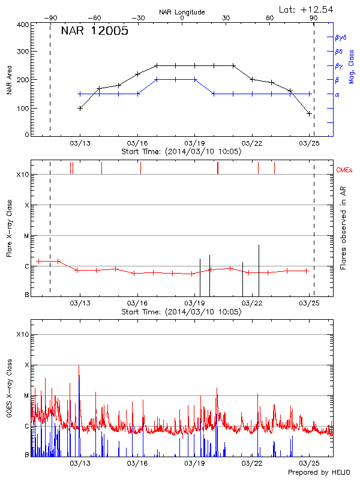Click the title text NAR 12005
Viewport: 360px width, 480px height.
click(x=94, y=32)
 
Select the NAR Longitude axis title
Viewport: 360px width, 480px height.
click(x=182, y=11)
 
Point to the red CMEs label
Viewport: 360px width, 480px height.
click(x=346, y=170)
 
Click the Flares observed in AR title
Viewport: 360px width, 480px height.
click(x=343, y=228)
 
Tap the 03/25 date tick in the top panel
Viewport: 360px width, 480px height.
click(x=309, y=143)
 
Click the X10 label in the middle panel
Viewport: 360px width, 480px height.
click(x=22, y=175)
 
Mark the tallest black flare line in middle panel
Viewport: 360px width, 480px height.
click(x=259, y=270)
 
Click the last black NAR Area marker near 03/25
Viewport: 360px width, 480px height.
click(x=309, y=113)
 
